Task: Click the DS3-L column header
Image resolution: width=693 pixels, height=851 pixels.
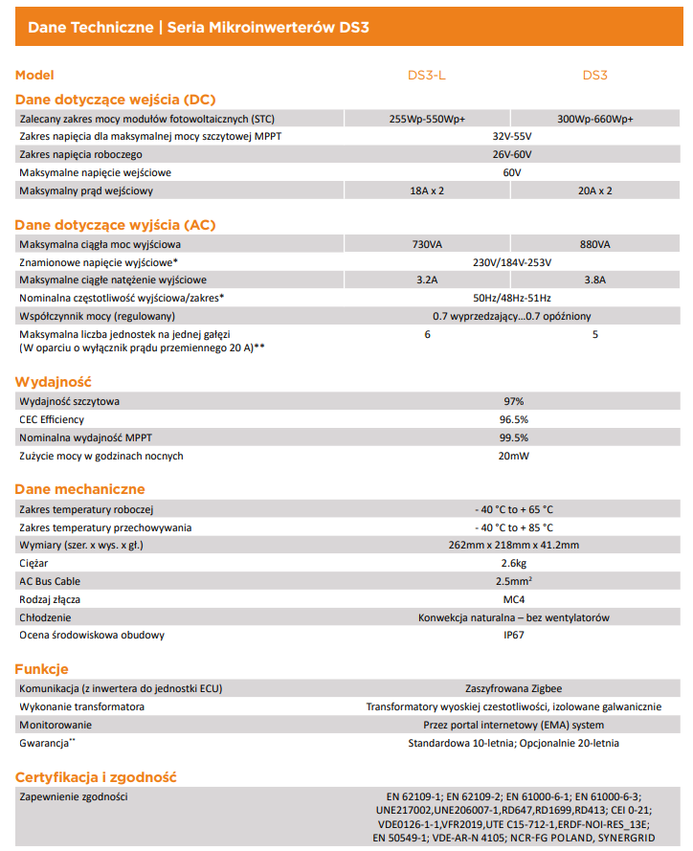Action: [427, 75]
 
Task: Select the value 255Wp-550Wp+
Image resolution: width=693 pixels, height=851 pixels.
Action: [427, 120]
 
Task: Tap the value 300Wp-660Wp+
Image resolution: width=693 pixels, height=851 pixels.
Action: [595, 120]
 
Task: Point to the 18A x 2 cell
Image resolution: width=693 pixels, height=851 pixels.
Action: [427, 190]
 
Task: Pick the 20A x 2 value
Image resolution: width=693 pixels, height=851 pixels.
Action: [595, 190]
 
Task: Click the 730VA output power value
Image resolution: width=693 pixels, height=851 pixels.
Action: [427, 244]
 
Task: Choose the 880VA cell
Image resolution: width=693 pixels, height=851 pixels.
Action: [595, 244]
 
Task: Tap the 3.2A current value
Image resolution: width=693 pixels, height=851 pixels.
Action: [427, 280]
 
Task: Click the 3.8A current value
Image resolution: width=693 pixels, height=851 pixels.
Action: [595, 280]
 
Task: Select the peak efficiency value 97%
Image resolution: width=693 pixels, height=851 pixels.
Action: [513, 401]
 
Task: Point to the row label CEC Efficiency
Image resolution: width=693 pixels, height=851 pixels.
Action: [52, 419]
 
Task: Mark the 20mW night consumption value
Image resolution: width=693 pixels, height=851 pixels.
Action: [513, 456]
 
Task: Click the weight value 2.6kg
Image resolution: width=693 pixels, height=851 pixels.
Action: [513, 564]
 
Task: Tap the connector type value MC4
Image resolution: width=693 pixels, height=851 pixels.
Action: [513, 599]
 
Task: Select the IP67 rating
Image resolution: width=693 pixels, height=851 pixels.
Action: [513, 635]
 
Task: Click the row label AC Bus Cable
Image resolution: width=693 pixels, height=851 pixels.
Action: [50, 581]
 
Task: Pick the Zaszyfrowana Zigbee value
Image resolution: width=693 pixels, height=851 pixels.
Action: [513, 688]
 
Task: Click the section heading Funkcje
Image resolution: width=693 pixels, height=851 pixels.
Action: [41, 668]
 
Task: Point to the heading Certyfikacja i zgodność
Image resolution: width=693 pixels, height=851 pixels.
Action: [96, 777]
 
